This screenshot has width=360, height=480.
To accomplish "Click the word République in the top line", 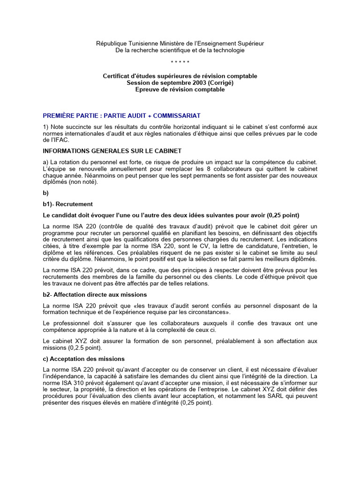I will (112, 43).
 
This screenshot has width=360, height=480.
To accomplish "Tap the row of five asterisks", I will (180, 63).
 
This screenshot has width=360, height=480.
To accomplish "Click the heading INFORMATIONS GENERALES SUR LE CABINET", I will (112, 151).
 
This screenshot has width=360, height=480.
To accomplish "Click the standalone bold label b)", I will (45, 193).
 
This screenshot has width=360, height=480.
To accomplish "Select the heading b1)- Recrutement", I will (67, 204).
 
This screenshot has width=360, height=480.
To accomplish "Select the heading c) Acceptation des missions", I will (83, 359).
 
